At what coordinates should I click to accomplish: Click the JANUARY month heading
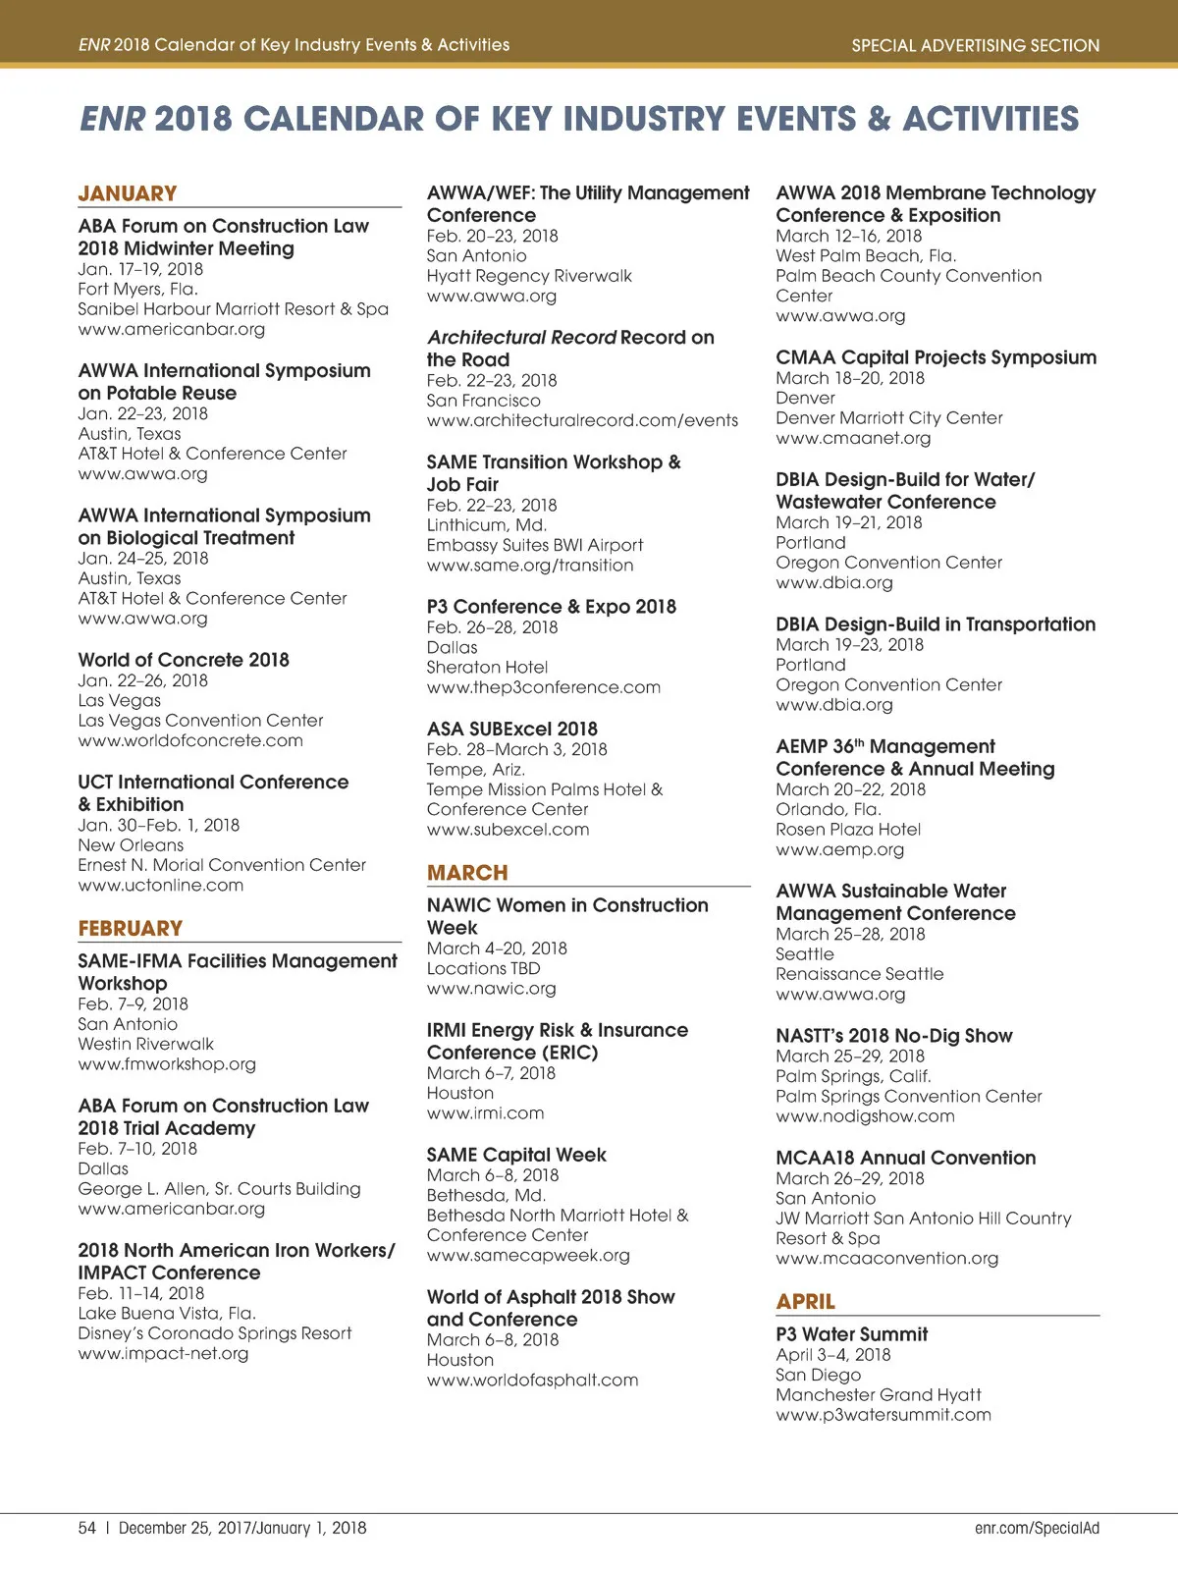pos(128,193)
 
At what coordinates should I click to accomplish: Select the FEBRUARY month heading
pos(131,928)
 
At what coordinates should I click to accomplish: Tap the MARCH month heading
pos(467,873)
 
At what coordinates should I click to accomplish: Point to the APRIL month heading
pos(806,1301)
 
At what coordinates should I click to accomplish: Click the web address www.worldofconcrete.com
pos(190,740)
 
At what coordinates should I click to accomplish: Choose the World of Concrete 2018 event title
pos(184,660)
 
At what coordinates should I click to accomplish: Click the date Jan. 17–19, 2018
pos(140,269)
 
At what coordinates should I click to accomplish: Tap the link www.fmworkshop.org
pos(167,1063)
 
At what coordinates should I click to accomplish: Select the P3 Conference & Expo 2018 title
pos(551,607)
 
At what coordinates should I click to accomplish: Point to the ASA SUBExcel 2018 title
pos(511,729)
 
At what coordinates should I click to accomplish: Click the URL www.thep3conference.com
pos(543,687)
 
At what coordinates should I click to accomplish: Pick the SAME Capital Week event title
pos(516,1155)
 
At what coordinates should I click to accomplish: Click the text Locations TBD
pos(483,968)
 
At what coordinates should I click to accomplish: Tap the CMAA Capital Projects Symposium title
pos(936,357)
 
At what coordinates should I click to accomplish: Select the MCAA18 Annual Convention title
pos(905,1158)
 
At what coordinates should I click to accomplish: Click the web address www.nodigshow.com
pos(865,1116)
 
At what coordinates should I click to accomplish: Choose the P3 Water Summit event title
pos(851,1334)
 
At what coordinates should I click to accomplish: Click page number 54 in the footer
pos(87,1528)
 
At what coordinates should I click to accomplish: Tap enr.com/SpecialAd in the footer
pos(1037,1528)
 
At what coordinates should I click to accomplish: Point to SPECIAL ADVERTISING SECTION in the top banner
pos(975,45)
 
